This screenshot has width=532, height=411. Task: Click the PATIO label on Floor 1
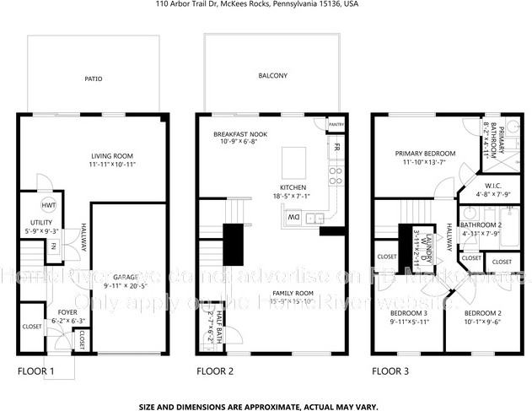click(x=93, y=79)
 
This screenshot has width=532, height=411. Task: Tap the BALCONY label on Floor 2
click(x=272, y=76)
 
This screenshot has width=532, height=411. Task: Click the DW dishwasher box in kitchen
click(x=293, y=217)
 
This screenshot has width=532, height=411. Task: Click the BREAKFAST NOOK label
click(x=240, y=134)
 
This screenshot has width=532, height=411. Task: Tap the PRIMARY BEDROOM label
click(x=426, y=154)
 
